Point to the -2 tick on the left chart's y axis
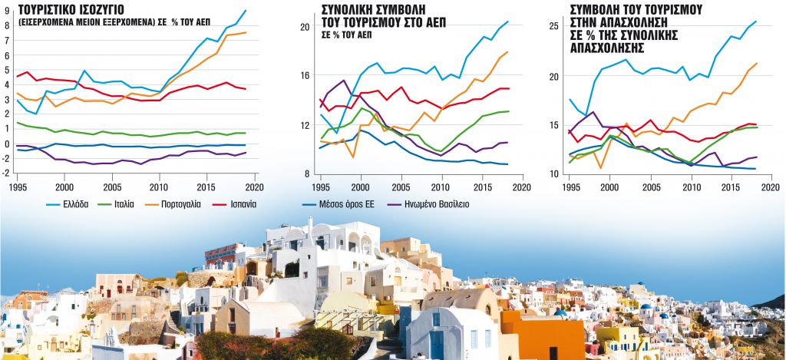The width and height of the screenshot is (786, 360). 7,173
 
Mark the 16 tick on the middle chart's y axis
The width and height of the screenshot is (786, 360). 304,75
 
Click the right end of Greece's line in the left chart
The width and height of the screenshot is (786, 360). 245,10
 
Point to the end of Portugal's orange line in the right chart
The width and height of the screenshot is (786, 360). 757,64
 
